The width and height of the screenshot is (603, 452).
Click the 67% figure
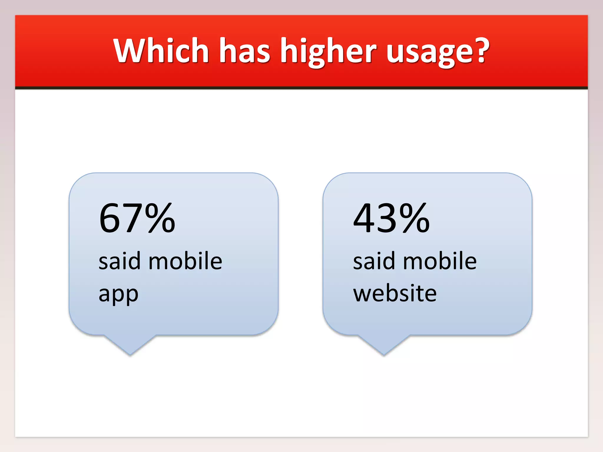[137, 218]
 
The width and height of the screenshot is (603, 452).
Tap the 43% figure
[391, 218]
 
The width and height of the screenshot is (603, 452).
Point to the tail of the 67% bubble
[130, 346]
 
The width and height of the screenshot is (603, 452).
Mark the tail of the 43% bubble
[384, 346]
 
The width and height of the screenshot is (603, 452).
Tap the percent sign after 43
[414, 218]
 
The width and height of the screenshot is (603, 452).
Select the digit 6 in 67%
[110, 218]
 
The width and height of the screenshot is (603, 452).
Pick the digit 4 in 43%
[364, 218]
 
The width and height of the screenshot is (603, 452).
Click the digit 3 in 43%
[386, 218]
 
